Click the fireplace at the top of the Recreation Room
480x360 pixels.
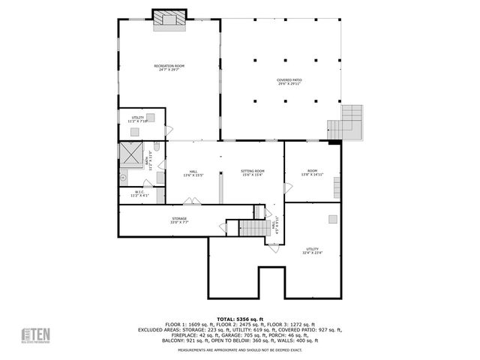(x=169, y=18)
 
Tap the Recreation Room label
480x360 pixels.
(x=169, y=67)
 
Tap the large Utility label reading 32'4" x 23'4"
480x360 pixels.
(x=312, y=250)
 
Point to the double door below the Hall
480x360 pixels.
(x=193, y=200)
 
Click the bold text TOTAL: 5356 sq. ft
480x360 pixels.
(x=240, y=319)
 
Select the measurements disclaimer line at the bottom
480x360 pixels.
(x=240, y=350)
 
